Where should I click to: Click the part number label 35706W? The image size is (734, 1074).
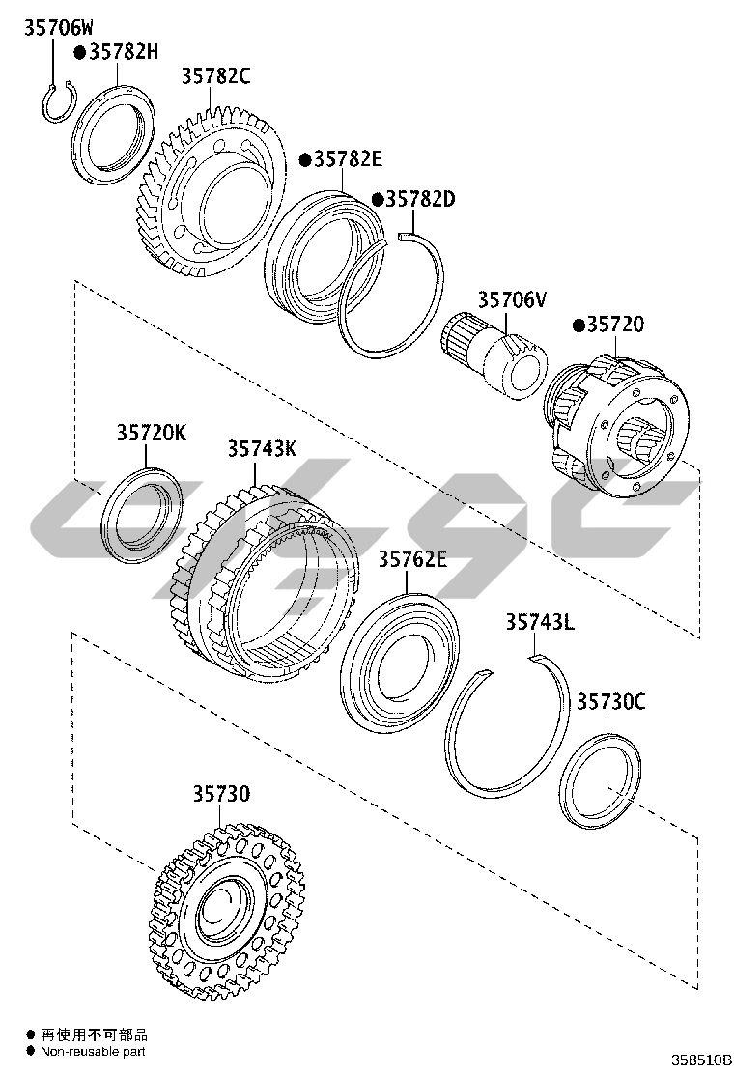pos(59,28)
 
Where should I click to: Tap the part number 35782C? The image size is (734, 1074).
pos(215,76)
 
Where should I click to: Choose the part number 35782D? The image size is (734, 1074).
pos(420,199)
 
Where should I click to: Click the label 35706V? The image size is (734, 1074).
pos(512,299)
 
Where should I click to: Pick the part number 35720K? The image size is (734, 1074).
pos(152,433)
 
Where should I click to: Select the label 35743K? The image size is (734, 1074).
pos(263,449)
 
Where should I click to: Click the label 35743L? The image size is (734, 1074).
pos(540,622)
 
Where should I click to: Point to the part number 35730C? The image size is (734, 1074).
pos(610,702)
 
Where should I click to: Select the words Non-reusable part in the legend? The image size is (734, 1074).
pos(93,1052)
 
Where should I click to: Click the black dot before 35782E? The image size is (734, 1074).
pos(305,159)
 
